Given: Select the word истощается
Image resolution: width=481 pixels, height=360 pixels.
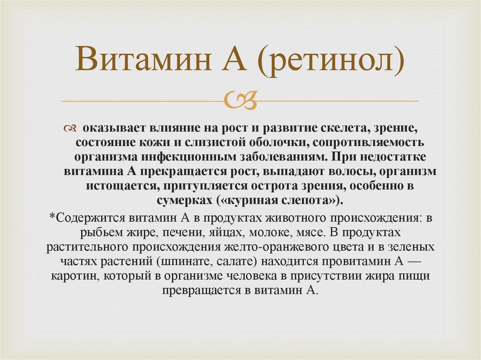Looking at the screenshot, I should click(120, 185).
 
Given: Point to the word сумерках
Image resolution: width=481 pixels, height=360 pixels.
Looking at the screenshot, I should click(185, 200).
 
